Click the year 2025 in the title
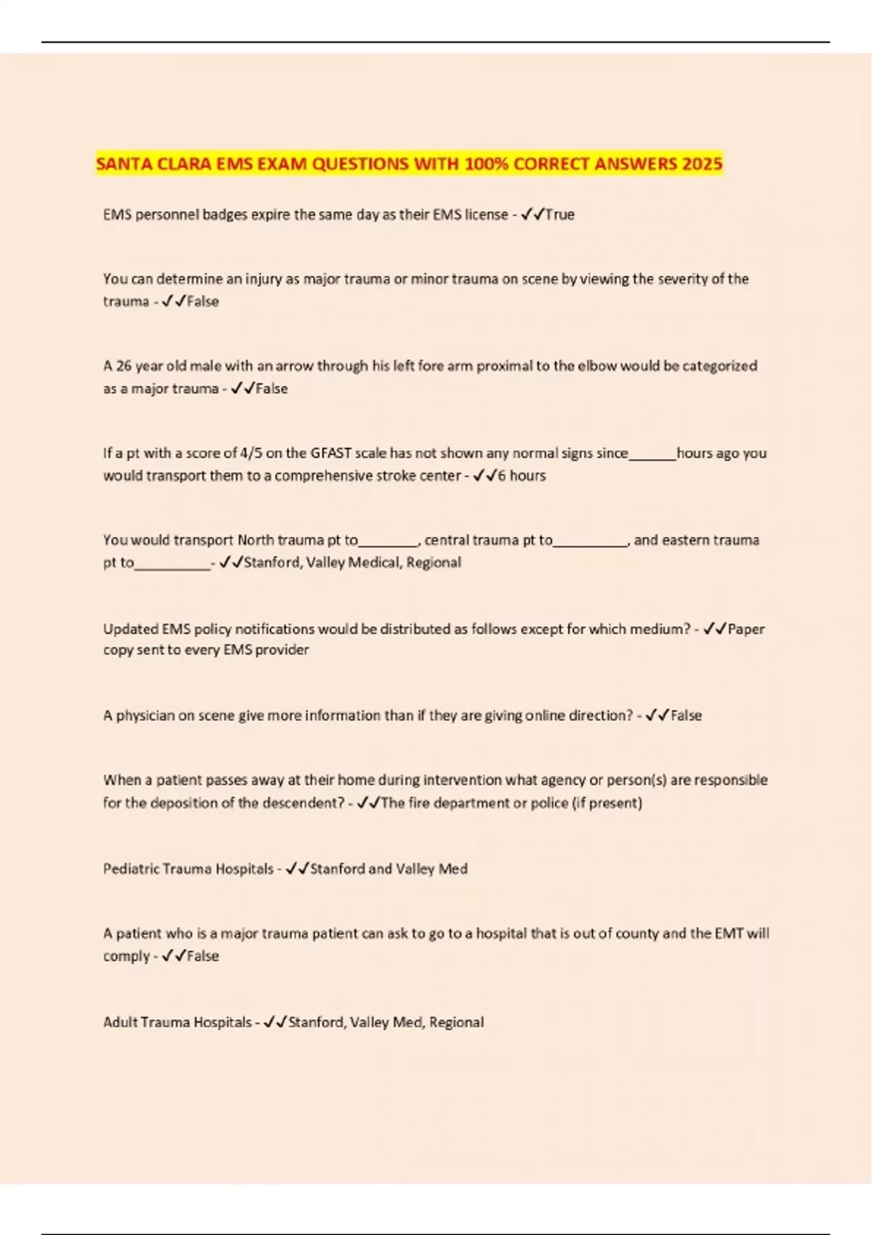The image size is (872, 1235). click(702, 164)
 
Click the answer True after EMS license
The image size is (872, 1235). click(560, 215)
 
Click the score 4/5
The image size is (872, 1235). click(250, 453)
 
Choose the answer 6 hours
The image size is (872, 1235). click(521, 476)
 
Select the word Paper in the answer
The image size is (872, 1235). click(746, 629)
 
